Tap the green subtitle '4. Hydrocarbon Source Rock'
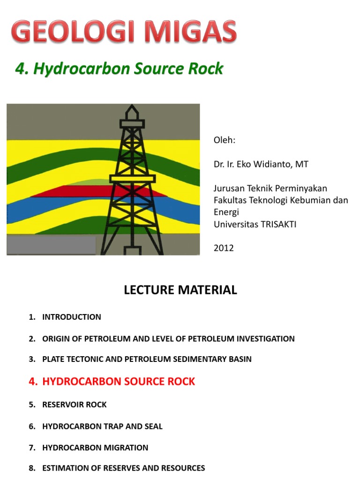(119, 69)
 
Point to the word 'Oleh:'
(225, 141)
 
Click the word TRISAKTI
(276, 224)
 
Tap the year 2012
(224, 248)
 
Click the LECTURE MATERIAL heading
(180, 290)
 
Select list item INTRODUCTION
(71, 317)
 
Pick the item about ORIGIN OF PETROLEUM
(168, 338)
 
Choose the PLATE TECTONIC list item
(147, 359)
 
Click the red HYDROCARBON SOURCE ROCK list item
(119, 382)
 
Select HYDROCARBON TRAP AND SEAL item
(102, 426)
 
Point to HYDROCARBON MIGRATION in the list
(95, 448)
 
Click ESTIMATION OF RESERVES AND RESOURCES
(123, 468)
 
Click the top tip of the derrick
(133, 107)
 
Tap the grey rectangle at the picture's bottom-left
(51, 245)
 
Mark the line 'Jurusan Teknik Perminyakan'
(270, 188)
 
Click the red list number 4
(32, 382)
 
